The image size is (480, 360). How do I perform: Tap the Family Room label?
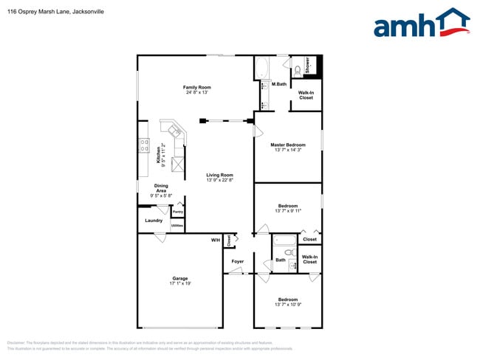(x=197, y=88)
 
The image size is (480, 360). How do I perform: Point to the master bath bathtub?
(x=263, y=69)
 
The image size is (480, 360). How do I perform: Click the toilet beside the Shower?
(x=297, y=70)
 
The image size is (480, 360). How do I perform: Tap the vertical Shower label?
(x=307, y=65)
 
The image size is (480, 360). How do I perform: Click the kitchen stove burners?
(x=143, y=145)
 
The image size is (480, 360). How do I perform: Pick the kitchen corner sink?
(x=176, y=131)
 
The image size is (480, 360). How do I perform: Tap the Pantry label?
(x=178, y=212)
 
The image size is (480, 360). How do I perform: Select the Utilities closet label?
(x=177, y=225)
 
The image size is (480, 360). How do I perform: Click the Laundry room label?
(x=154, y=220)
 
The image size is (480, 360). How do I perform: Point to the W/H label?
(x=216, y=240)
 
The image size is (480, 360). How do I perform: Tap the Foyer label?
(x=237, y=261)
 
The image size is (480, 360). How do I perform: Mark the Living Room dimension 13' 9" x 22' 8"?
(x=219, y=180)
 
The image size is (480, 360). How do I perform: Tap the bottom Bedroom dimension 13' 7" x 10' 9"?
(x=288, y=305)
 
